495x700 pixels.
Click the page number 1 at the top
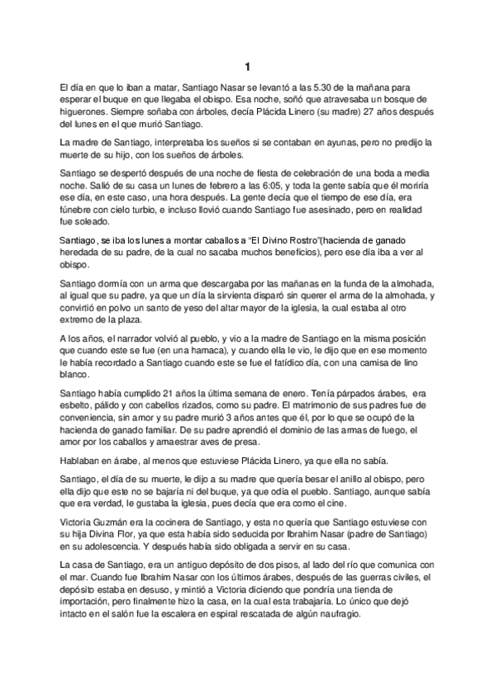click(x=247, y=66)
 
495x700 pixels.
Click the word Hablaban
click(x=83, y=459)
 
